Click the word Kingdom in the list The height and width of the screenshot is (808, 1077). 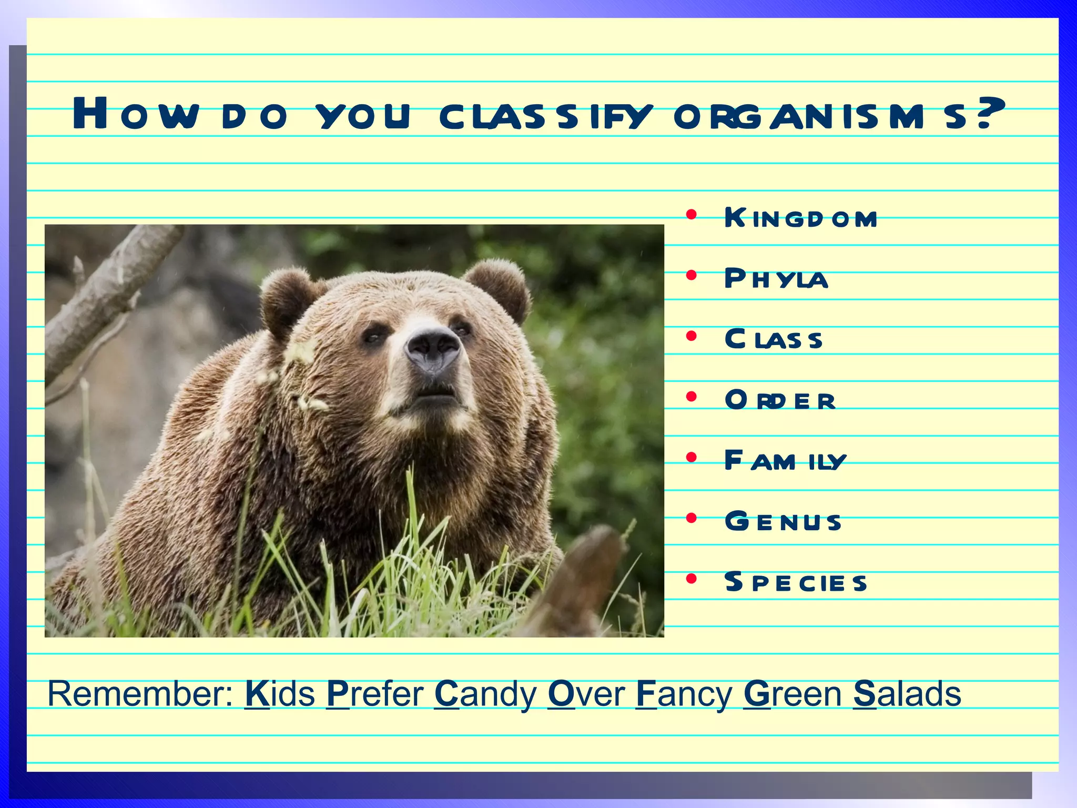click(800, 218)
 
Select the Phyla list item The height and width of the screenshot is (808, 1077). click(776, 278)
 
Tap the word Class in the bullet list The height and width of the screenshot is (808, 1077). click(773, 339)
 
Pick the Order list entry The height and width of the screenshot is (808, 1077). click(779, 400)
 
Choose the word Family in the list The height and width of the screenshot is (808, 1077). click(785, 461)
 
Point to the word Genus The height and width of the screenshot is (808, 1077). click(783, 521)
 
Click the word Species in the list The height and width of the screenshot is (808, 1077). click(795, 582)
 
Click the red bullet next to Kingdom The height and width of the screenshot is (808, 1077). click(692, 215)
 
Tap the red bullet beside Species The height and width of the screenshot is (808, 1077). click(692, 579)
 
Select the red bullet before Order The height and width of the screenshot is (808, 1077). click(692, 397)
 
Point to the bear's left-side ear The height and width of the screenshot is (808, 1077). click(287, 300)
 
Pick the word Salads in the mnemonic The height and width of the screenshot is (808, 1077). click(907, 694)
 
